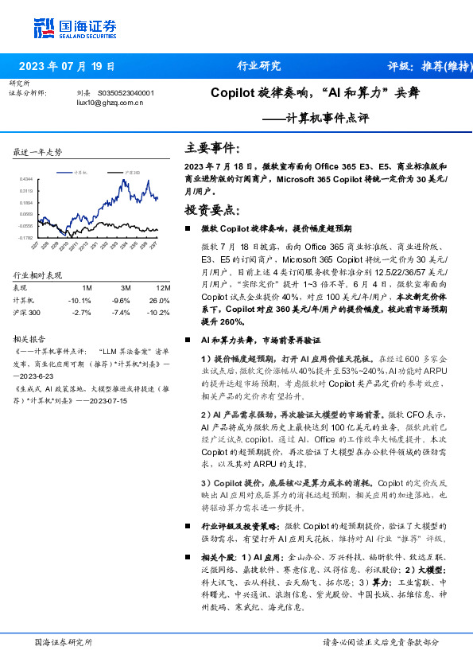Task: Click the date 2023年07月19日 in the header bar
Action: pos(66,66)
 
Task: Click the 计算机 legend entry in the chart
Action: pos(79,172)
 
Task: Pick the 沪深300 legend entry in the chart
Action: pos(132,172)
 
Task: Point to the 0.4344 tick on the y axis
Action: pos(26,180)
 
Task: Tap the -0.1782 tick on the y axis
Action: pos(25,237)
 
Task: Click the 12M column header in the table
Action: pos(164,287)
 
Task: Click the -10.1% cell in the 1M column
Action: pos(80,300)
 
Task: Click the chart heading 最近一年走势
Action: pos(37,152)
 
